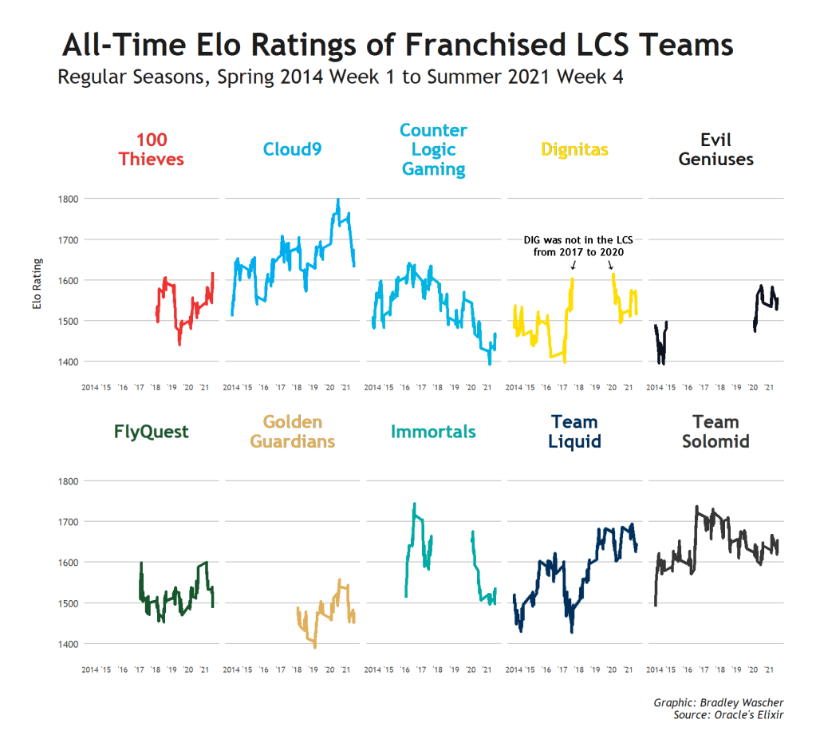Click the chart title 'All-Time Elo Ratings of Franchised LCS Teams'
[x=397, y=45]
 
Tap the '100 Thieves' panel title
[x=152, y=149]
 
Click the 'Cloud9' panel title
[x=293, y=148]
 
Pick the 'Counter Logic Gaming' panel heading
[x=433, y=149]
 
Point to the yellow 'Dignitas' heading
[x=574, y=149]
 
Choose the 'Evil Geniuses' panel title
[x=715, y=149]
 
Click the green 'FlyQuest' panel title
[x=152, y=432]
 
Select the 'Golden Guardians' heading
[x=293, y=432]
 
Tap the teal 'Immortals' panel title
[x=433, y=432]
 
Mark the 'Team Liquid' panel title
[x=574, y=432]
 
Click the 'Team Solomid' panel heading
[x=715, y=432]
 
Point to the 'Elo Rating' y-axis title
[x=36, y=283]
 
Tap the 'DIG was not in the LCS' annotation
[x=578, y=245]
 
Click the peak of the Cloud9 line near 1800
[x=338, y=200]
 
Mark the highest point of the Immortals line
[x=414, y=504]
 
